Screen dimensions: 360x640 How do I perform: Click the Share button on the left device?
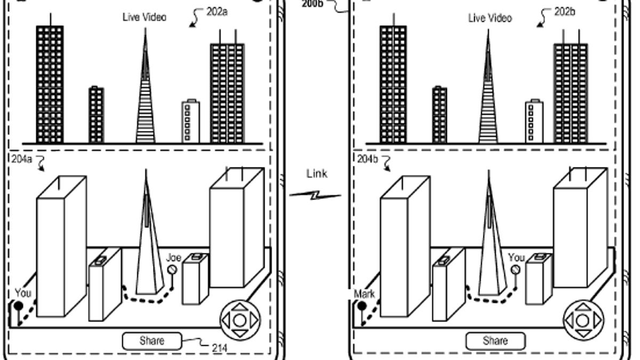tap(152, 341)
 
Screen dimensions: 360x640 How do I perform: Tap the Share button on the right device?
tap(495, 341)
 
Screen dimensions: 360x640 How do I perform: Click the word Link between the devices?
tap(317, 174)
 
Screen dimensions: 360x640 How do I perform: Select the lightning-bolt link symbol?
tap(315, 196)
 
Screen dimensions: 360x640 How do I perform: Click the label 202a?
tap(217, 12)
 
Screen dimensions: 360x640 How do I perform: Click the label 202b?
tap(564, 12)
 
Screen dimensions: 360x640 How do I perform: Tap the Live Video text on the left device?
tap(144, 17)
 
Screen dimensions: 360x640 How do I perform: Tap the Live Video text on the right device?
tap(490, 18)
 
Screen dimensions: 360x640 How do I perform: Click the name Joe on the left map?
tap(174, 258)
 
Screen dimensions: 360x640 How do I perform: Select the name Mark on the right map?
tap(364, 294)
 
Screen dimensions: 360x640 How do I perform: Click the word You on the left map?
tap(23, 293)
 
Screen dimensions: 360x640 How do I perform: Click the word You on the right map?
tap(516, 258)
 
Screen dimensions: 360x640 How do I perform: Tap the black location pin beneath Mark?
tap(362, 307)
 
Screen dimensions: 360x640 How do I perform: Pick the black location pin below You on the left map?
tap(18, 307)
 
